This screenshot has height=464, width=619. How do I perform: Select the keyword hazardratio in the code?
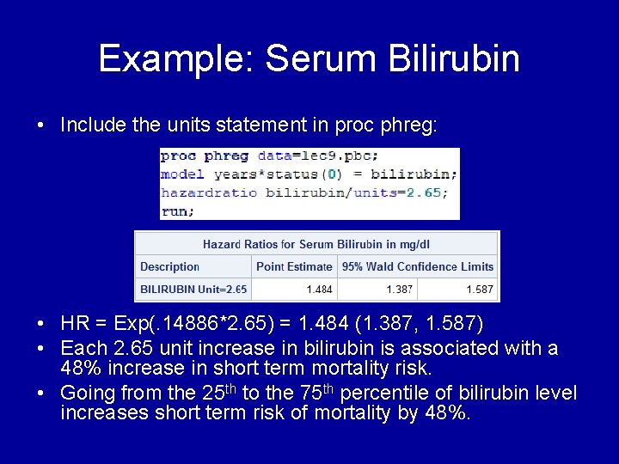209,192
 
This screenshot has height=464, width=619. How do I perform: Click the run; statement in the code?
177,210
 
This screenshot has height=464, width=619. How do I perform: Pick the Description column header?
169,266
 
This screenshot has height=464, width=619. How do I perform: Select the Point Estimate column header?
294,266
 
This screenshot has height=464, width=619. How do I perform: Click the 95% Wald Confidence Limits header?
418,266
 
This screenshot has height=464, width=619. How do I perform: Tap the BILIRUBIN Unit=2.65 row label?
193,290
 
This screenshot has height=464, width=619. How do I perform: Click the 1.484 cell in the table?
318,290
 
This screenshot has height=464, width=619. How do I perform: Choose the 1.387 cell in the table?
399,290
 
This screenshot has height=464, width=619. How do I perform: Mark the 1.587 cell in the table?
480,290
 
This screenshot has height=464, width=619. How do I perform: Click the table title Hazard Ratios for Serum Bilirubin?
316,244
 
